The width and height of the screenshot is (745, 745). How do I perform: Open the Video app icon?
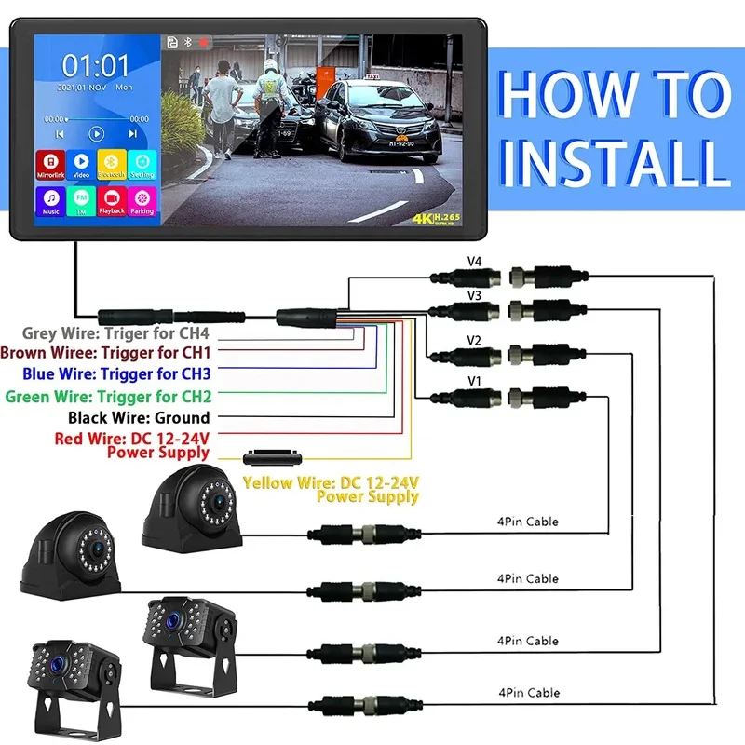click(x=81, y=164)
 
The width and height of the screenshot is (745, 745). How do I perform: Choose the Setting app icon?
click(x=142, y=164)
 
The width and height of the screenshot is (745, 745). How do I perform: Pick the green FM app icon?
click(x=81, y=200)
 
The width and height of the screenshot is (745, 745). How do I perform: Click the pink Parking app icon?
click(x=142, y=200)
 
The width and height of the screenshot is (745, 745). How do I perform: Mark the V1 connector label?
click(x=475, y=382)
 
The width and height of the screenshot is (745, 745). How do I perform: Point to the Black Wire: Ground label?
click(x=152, y=417)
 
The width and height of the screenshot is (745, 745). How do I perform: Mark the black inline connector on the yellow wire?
click(x=272, y=458)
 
